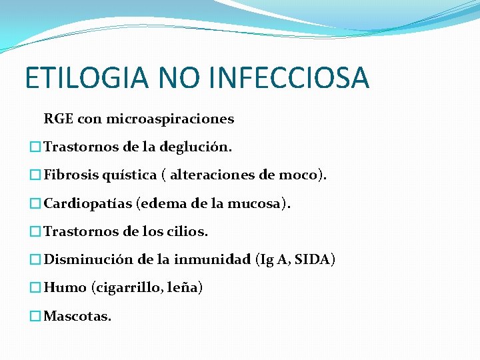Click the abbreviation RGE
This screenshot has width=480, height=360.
(x=58, y=119)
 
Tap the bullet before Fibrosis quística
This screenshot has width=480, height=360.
(x=35, y=175)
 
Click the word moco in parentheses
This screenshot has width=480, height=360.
(x=299, y=175)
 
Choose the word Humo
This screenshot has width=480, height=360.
(x=65, y=288)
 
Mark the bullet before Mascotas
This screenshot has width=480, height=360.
(x=35, y=316)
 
